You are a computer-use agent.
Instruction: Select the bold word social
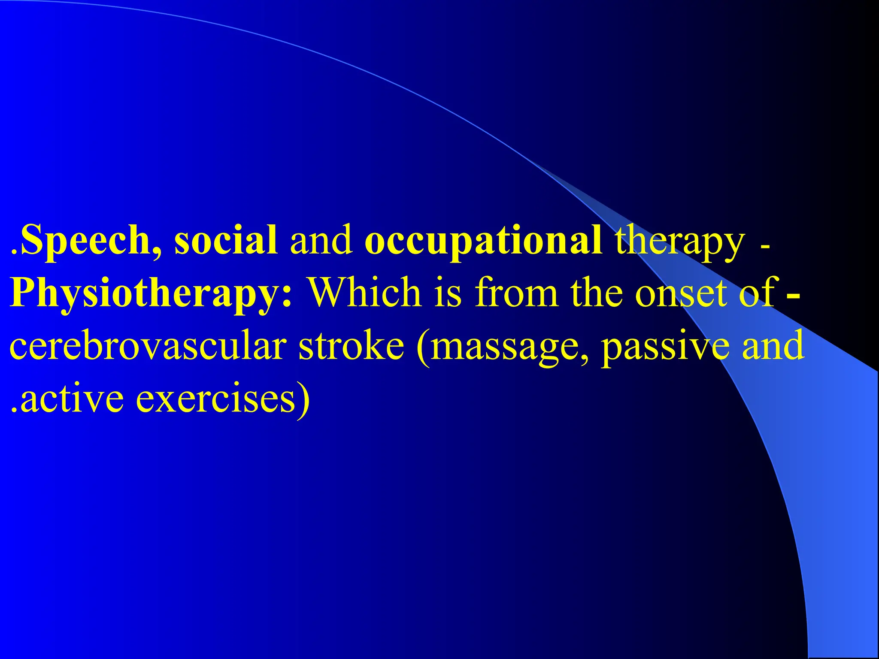[x=226, y=240]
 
